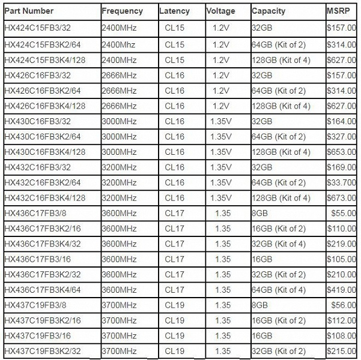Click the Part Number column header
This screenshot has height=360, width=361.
click(x=29, y=11)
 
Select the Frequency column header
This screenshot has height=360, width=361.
click(x=123, y=11)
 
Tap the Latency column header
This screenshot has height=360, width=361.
click(x=175, y=11)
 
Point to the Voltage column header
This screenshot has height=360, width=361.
click(x=220, y=11)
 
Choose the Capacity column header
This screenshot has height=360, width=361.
click(x=269, y=11)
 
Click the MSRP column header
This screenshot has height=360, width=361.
click(x=336, y=11)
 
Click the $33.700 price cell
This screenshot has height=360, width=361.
click(x=341, y=182)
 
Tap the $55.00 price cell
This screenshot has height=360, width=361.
click(x=344, y=213)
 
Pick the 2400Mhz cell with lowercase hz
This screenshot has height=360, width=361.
click(x=120, y=44)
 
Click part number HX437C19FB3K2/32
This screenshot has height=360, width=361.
click(x=43, y=350)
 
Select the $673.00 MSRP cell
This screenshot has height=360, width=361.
click(x=341, y=198)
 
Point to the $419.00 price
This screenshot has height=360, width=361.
click(x=341, y=289)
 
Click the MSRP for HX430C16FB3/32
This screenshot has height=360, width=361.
click(x=341, y=121)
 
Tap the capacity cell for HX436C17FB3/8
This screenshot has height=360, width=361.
click(x=261, y=213)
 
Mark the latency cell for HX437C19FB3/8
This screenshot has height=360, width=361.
click(x=174, y=305)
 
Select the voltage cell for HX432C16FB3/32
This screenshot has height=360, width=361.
click(x=222, y=167)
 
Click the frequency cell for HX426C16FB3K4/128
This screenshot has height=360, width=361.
click(x=120, y=106)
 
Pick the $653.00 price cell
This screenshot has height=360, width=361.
click(x=341, y=152)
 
